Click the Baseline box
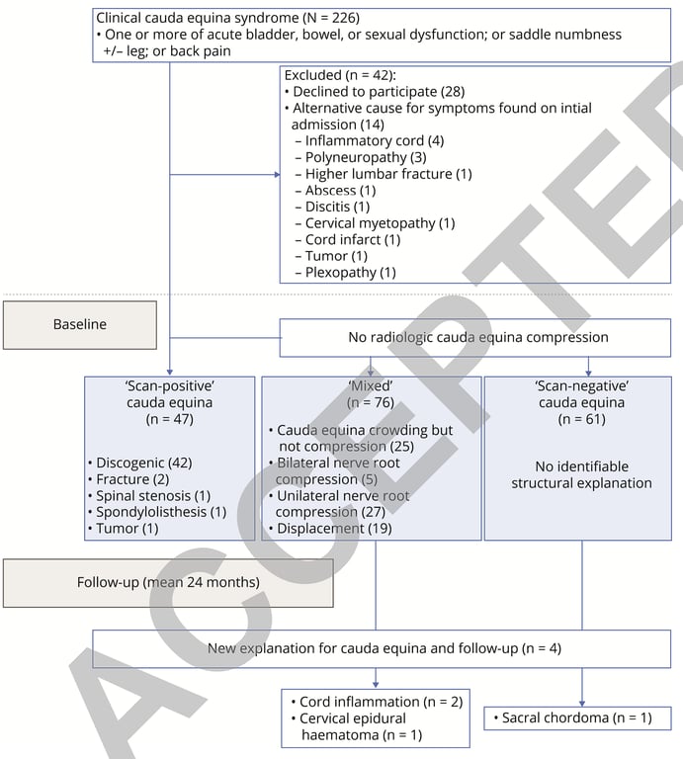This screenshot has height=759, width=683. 80,324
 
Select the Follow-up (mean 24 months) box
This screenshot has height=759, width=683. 168,582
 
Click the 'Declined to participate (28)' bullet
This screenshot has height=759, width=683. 375,91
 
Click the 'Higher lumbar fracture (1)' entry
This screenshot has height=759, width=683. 387,174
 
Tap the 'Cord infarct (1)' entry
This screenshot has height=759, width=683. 353,239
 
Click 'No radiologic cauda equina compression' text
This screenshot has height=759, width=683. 477,338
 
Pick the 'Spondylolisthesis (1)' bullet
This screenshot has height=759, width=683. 161,511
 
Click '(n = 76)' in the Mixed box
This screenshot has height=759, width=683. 371,401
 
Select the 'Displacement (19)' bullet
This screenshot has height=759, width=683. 334,529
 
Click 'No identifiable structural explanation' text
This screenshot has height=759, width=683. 581,474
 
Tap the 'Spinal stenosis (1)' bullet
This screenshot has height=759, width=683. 153,494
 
